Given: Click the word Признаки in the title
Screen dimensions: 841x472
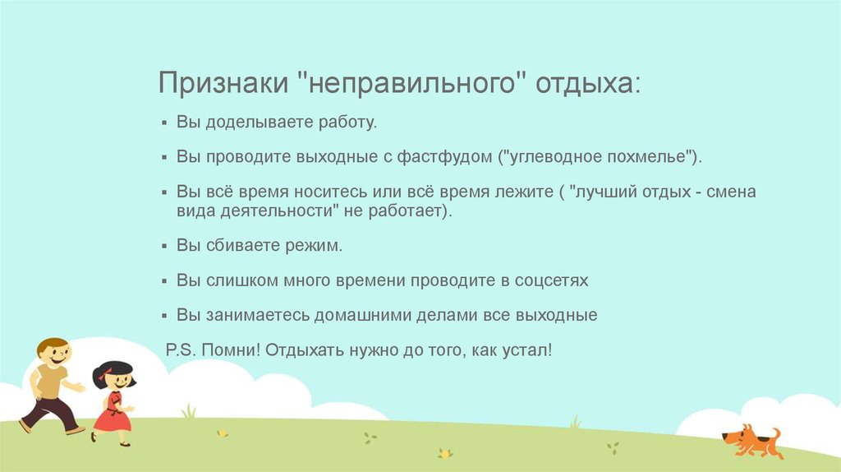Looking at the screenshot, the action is (x=223, y=83).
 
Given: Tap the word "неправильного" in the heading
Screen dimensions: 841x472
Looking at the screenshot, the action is (x=411, y=82).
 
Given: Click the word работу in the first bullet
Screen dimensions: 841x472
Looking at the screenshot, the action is (x=347, y=123).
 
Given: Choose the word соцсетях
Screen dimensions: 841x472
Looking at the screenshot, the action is (x=551, y=281).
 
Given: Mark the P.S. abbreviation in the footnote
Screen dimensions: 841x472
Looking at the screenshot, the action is (x=182, y=350).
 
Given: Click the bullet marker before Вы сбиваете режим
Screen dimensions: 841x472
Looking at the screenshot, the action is (x=164, y=247).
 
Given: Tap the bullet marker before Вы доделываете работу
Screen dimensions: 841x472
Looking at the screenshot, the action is (x=164, y=123).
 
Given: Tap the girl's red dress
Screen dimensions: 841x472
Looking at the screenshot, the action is (x=113, y=413).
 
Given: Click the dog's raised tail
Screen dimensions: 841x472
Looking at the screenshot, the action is (x=775, y=434).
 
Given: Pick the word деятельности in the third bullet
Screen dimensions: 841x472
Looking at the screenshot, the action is (x=276, y=211).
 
